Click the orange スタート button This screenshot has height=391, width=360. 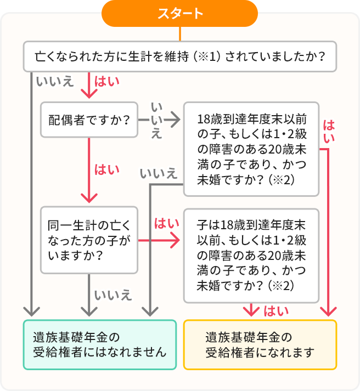click(x=179, y=14)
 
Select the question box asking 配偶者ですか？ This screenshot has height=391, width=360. click(x=89, y=118)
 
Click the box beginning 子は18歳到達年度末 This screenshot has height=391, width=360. click(x=251, y=255)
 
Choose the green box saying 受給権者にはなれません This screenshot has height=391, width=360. click(x=99, y=344)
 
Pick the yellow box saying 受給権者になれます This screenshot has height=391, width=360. click(x=260, y=344)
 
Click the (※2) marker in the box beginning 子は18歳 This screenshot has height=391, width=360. click(x=284, y=286)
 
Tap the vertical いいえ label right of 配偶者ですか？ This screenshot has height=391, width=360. click(x=156, y=120)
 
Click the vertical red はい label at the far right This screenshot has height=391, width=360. click(x=329, y=132)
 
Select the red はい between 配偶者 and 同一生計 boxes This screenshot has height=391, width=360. click(x=106, y=169)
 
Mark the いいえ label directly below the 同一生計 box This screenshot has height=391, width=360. click(x=113, y=296)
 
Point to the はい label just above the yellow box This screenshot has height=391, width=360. click(x=276, y=311)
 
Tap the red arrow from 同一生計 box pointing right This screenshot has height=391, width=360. click(x=159, y=240)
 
